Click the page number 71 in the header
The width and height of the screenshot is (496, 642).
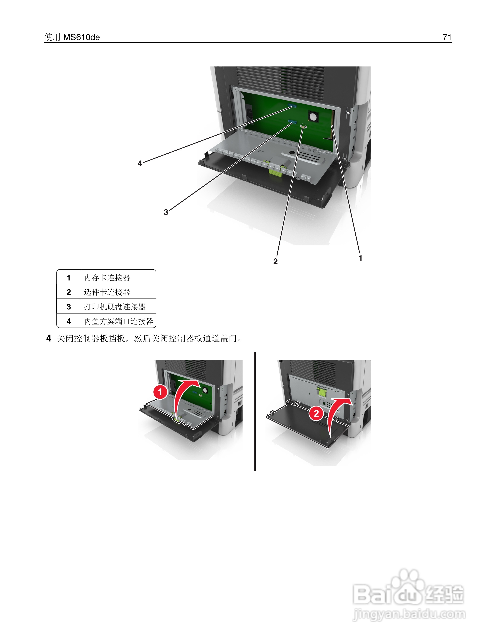point(447,37)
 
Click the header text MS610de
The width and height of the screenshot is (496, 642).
point(81,37)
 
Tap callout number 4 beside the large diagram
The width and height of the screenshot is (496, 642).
point(140,164)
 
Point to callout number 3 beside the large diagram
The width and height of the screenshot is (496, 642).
point(166,212)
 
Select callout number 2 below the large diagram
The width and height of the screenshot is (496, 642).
point(275,261)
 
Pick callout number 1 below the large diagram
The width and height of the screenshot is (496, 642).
point(360,258)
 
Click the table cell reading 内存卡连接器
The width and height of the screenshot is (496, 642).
point(107,277)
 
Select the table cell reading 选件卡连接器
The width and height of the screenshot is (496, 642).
point(107,292)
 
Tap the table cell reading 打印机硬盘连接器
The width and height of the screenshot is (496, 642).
point(115,307)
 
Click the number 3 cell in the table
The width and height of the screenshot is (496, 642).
point(69,307)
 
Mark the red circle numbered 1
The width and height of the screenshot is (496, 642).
point(160,392)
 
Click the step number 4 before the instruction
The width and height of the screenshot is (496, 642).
point(49,338)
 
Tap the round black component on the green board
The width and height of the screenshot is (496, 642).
point(313,117)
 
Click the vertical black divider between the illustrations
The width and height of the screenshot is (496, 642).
point(255,412)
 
